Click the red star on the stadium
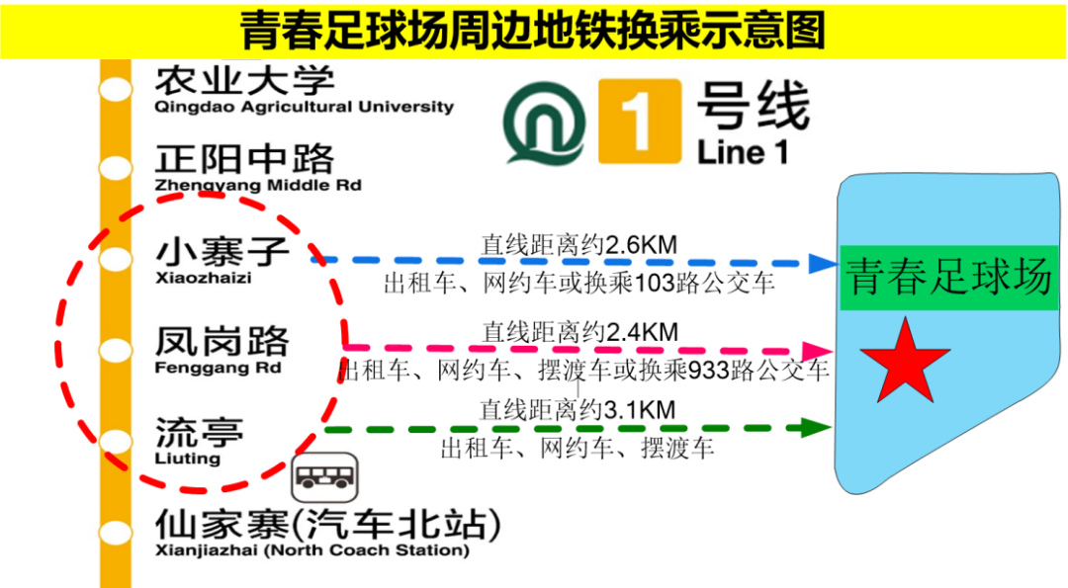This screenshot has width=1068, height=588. [904, 362]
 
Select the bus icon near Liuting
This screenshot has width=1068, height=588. [325, 477]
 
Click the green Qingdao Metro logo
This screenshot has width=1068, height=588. [543, 122]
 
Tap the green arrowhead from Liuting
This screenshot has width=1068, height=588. [818, 428]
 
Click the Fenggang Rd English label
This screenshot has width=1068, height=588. [219, 369]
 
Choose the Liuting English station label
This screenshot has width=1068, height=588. [188, 459]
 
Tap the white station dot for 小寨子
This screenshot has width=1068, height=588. [116, 260]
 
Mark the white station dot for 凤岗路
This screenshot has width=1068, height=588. [116, 351]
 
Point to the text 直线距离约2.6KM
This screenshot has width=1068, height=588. [579, 244]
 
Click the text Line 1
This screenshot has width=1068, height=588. [745, 152]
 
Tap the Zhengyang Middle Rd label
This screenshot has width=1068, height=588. [258, 185]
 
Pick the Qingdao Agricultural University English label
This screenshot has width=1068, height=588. [305, 106]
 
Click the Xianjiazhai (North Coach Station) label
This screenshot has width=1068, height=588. [311, 550]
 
